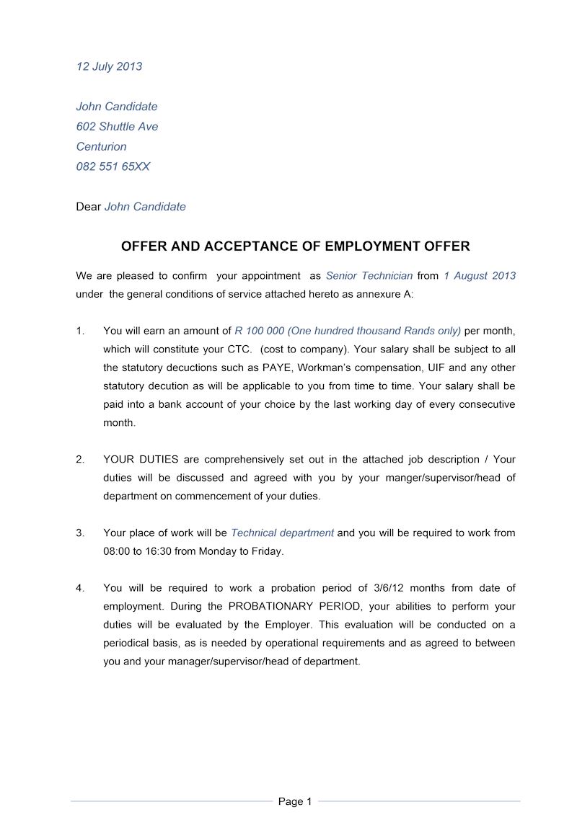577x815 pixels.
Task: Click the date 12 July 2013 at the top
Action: pos(109,66)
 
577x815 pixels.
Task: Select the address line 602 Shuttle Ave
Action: pos(117,126)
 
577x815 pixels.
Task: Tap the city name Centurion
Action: pos(101,146)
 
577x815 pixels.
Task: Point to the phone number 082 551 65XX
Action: pos(113,166)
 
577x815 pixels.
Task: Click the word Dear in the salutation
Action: pos(88,207)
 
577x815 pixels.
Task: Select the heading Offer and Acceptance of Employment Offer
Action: pos(295,246)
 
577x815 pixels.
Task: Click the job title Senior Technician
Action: pos(369,275)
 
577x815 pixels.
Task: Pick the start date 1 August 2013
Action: pos(480,275)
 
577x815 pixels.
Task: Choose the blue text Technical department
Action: pos(282,533)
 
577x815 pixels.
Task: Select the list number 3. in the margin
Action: pos(80,533)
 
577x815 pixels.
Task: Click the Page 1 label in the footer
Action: pos(295,801)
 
